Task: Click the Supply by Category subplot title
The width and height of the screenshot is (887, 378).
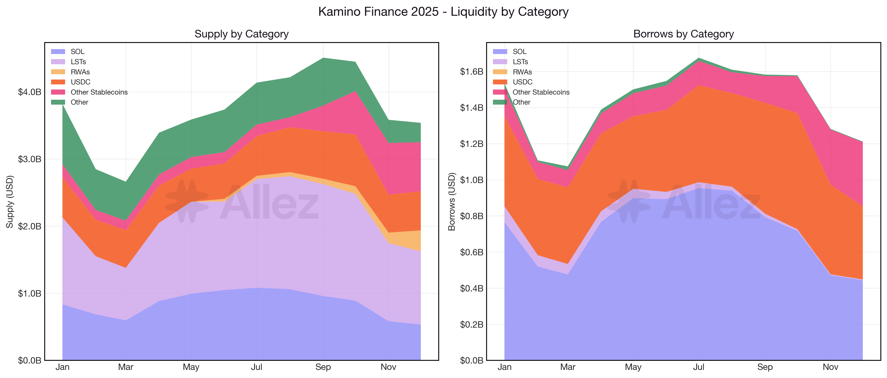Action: coord(241,34)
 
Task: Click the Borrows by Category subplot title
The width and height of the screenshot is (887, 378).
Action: coord(684,34)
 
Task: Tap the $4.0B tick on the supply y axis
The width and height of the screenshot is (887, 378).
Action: coord(30,92)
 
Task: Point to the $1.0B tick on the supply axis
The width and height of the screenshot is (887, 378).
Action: coord(30,293)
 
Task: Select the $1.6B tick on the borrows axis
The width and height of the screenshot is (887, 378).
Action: coord(471,72)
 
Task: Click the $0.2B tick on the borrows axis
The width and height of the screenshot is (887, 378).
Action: coord(471,324)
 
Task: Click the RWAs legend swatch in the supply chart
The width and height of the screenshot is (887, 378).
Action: coord(58,72)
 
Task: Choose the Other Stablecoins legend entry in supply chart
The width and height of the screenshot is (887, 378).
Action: coord(99,92)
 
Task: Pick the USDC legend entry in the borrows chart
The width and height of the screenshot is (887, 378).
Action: coord(522,82)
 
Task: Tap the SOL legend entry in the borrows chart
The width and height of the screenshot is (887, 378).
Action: coord(519,52)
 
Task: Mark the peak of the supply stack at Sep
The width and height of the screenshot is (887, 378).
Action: coord(323,58)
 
